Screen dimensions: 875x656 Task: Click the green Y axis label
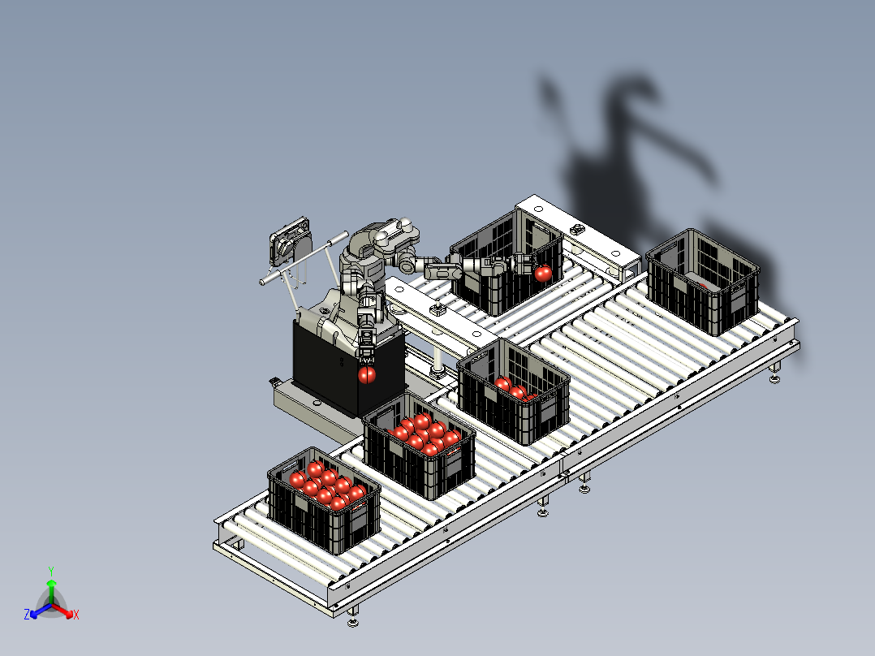tap(51, 571)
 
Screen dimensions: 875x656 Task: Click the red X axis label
tap(76, 615)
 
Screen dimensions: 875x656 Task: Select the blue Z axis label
tap(27, 615)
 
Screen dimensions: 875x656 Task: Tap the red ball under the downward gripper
tap(366, 374)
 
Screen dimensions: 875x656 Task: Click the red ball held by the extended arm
tap(543, 274)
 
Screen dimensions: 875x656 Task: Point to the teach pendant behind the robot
tap(290, 241)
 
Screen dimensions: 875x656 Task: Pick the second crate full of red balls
tap(419, 446)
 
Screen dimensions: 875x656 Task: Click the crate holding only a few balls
tap(513, 391)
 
